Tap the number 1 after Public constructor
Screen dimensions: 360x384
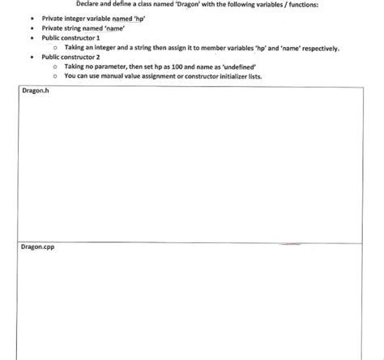98,37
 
